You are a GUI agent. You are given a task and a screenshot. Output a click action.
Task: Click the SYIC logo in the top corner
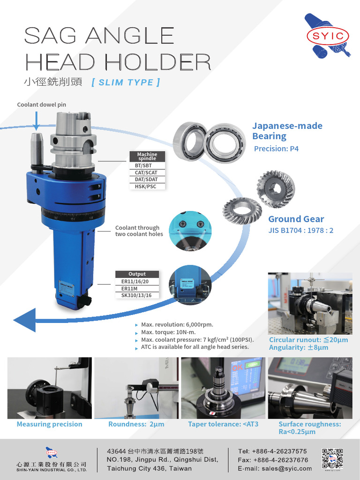[x=328, y=36]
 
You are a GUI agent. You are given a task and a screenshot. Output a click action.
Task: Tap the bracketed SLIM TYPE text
[x=126, y=82]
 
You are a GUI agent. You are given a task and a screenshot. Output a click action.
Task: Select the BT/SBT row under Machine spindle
[x=147, y=166]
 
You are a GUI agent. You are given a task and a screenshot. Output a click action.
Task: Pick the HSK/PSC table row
[x=147, y=187]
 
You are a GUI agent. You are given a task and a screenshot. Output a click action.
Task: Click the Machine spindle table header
[x=147, y=157]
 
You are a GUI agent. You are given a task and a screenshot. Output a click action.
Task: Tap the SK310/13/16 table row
[x=137, y=295]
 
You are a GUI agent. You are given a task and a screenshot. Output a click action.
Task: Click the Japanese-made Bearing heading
[x=287, y=131]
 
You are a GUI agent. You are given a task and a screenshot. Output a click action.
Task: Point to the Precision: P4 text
[x=276, y=149]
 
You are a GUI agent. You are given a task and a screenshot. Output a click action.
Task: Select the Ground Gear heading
[x=296, y=219]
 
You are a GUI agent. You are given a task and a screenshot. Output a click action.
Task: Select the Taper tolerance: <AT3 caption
[x=223, y=424]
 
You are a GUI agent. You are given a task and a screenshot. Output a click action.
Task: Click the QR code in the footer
[x=332, y=458]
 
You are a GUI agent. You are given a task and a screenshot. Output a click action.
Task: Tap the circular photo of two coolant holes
[x=190, y=231]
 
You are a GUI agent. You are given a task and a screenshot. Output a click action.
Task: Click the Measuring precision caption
[x=49, y=424]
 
